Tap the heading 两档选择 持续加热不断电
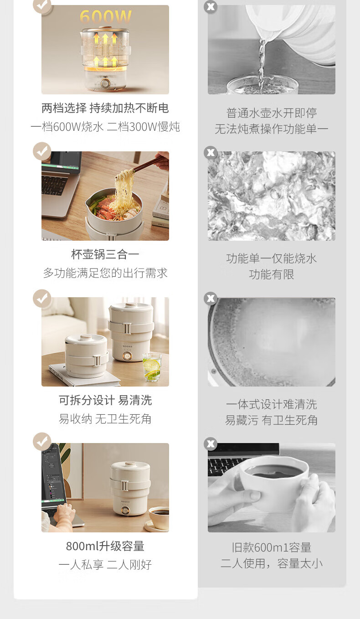click(105, 108)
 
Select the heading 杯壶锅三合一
click(105, 254)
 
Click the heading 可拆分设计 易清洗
click(105, 400)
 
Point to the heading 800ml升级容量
click(105, 546)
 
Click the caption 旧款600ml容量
click(271, 547)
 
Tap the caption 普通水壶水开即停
click(271, 113)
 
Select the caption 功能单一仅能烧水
click(271, 258)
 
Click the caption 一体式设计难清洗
click(271, 405)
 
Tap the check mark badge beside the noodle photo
click(42, 151)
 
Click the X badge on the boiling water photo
click(211, 153)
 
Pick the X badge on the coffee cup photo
click(211, 444)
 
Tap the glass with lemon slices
click(152, 367)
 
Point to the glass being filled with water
click(262, 85)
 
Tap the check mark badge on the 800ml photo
click(42, 442)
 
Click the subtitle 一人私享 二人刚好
click(105, 565)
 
